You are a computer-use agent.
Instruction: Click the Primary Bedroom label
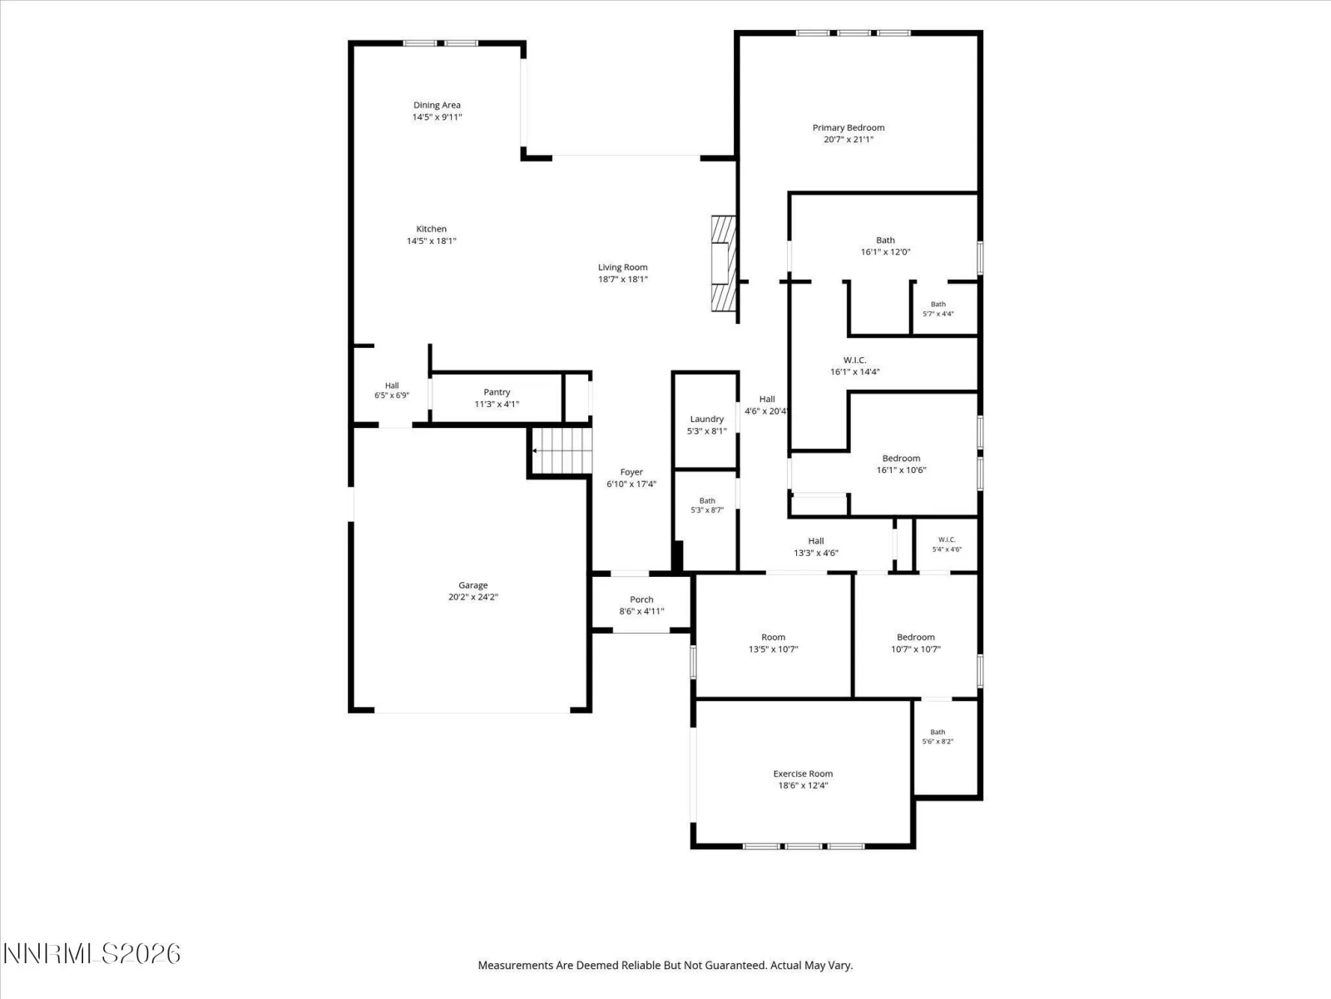coord(849,127)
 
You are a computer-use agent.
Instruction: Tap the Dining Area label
coord(437,105)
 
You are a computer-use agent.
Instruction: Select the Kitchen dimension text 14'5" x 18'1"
coord(431,241)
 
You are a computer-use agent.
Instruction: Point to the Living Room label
coord(623,267)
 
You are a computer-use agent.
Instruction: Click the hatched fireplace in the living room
coord(724,263)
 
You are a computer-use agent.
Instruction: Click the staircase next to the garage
coord(562,450)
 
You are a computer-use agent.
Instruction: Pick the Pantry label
coord(497,392)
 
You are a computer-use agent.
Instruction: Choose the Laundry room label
coord(706,419)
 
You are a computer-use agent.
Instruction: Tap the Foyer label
coord(631,472)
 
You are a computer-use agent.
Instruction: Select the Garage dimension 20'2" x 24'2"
coord(473,597)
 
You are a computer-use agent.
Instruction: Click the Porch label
coord(641,599)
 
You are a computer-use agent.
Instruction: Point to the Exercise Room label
coord(803,773)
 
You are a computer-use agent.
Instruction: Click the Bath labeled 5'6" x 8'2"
coord(938,737)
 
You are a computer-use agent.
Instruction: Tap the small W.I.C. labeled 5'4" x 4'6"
coord(947,544)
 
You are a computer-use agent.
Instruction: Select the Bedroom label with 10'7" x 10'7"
coord(916,637)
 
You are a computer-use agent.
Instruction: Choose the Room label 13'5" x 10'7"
coord(773,637)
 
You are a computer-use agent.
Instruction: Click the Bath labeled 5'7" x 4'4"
coord(938,309)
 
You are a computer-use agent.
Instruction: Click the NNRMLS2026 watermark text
coord(92,953)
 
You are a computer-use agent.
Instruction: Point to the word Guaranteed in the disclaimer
coord(739,965)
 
